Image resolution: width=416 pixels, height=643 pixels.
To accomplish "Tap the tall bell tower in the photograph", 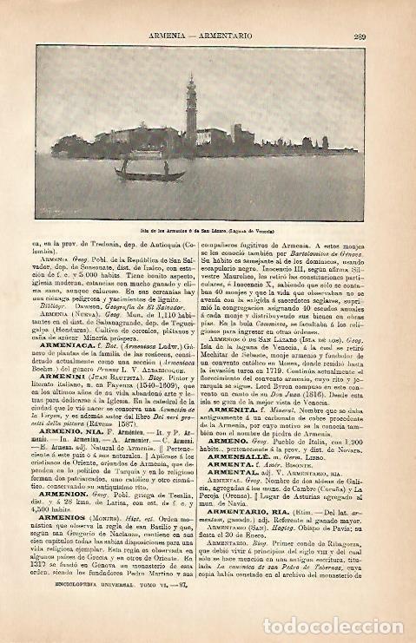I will [x=191, y=108].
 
